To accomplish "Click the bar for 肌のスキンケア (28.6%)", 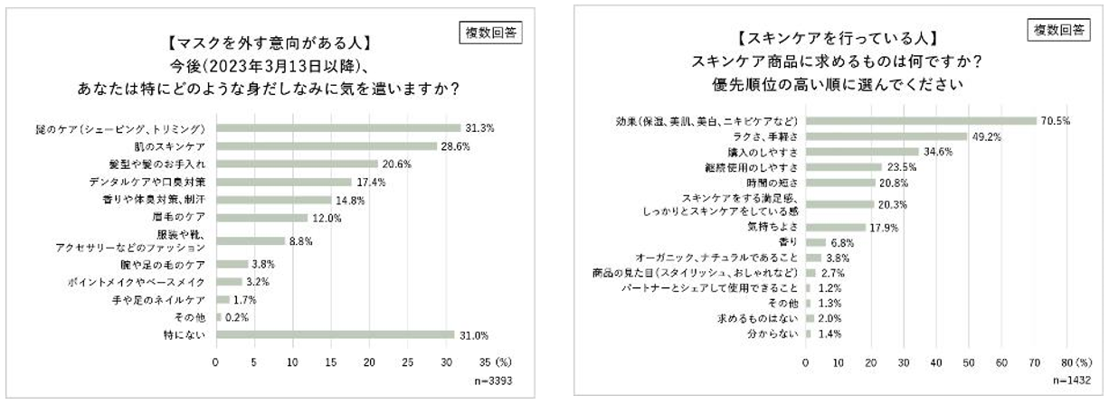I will [x=326, y=146].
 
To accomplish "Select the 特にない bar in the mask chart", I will [x=335, y=334].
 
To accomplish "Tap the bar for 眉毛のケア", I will [x=261, y=217].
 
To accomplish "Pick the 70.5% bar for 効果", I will [x=921, y=120].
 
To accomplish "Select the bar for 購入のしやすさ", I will [x=862, y=152].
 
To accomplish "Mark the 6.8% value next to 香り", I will [x=844, y=242].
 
